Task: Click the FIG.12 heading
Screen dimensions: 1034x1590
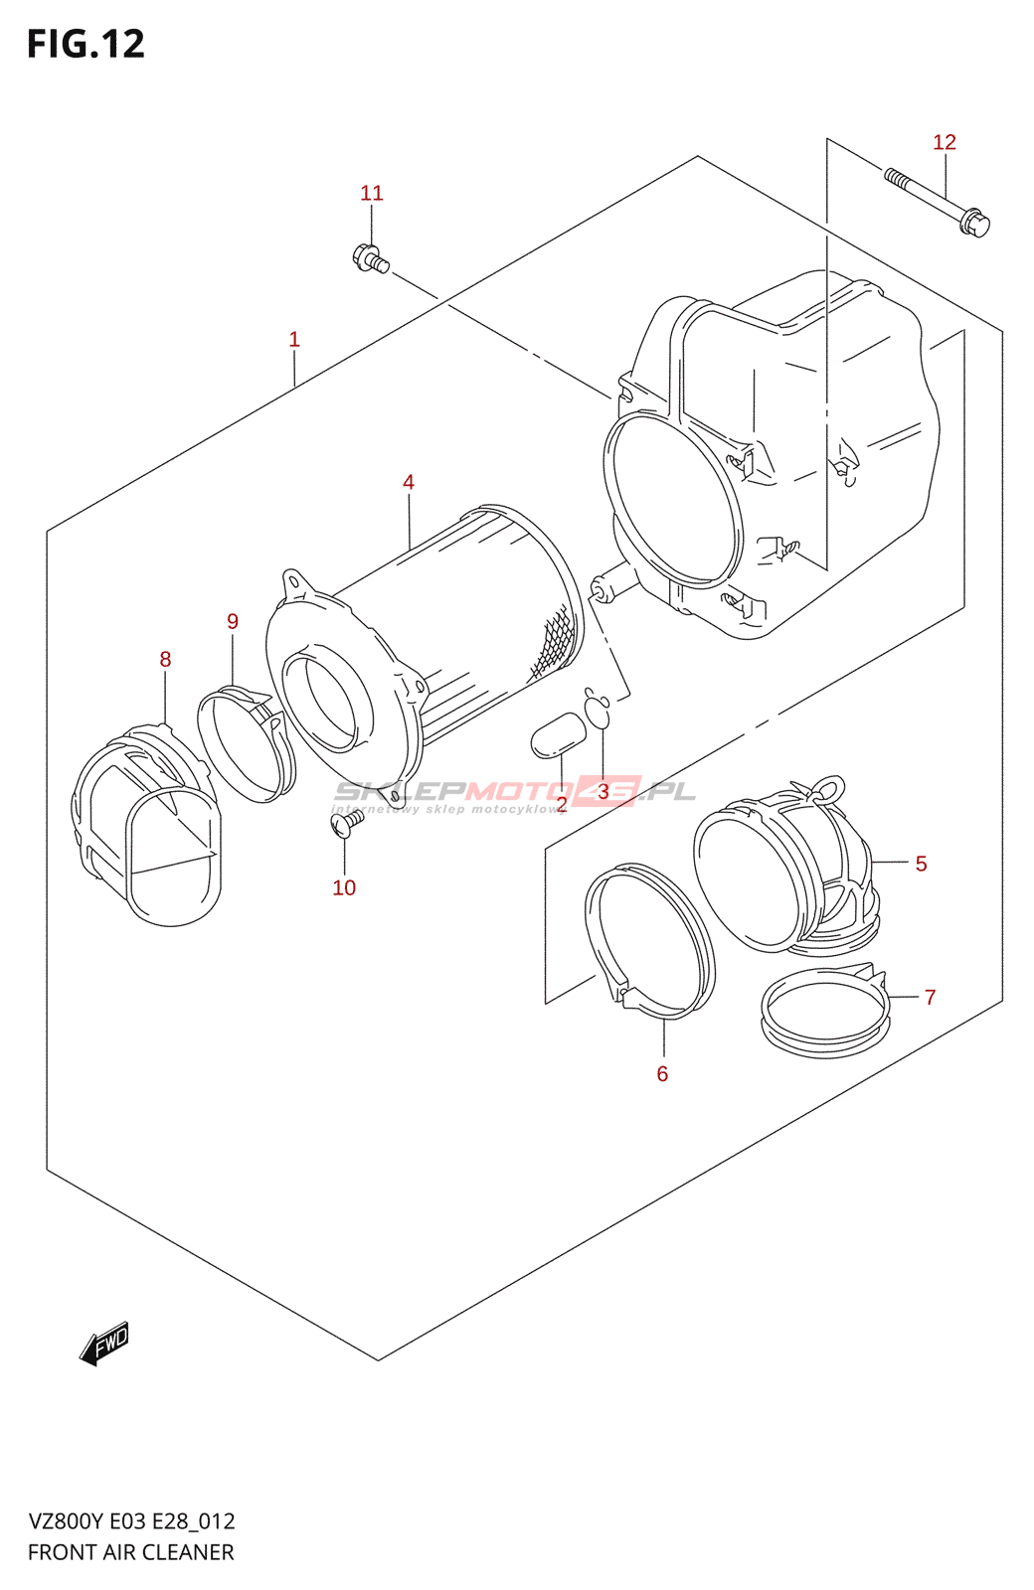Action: coord(86,44)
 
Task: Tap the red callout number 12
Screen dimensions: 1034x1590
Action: coord(944,143)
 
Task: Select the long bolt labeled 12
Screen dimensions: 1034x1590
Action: coord(937,202)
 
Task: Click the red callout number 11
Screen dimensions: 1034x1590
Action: coord(372,193)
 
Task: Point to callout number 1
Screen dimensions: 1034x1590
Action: coord(294,339)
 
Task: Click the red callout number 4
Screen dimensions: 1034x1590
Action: coord(409,483)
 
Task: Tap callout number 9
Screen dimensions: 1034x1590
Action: coord(233,622)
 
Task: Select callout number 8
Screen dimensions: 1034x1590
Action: coord(165,660)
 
